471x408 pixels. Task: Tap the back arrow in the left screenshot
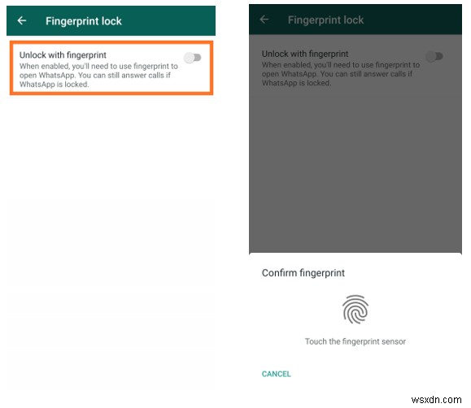coord(22,20)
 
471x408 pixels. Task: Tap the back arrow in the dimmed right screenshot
coord(264,19)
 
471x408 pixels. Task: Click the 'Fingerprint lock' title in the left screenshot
coord(83,20)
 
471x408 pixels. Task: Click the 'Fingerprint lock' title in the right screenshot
coord(325,20)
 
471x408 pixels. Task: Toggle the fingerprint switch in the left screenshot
coord(192,57)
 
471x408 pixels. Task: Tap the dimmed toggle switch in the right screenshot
coord(435,55)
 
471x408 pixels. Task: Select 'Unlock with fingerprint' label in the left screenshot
coord(63,54)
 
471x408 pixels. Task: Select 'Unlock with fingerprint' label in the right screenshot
coord(305,54)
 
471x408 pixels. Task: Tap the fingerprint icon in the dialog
coord(355,310)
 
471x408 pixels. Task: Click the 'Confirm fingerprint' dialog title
coord(303,273)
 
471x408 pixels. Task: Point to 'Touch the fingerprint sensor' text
coord(355,341)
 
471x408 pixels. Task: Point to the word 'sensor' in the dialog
coord(392,341)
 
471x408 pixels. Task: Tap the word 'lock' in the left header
coord(110,20)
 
